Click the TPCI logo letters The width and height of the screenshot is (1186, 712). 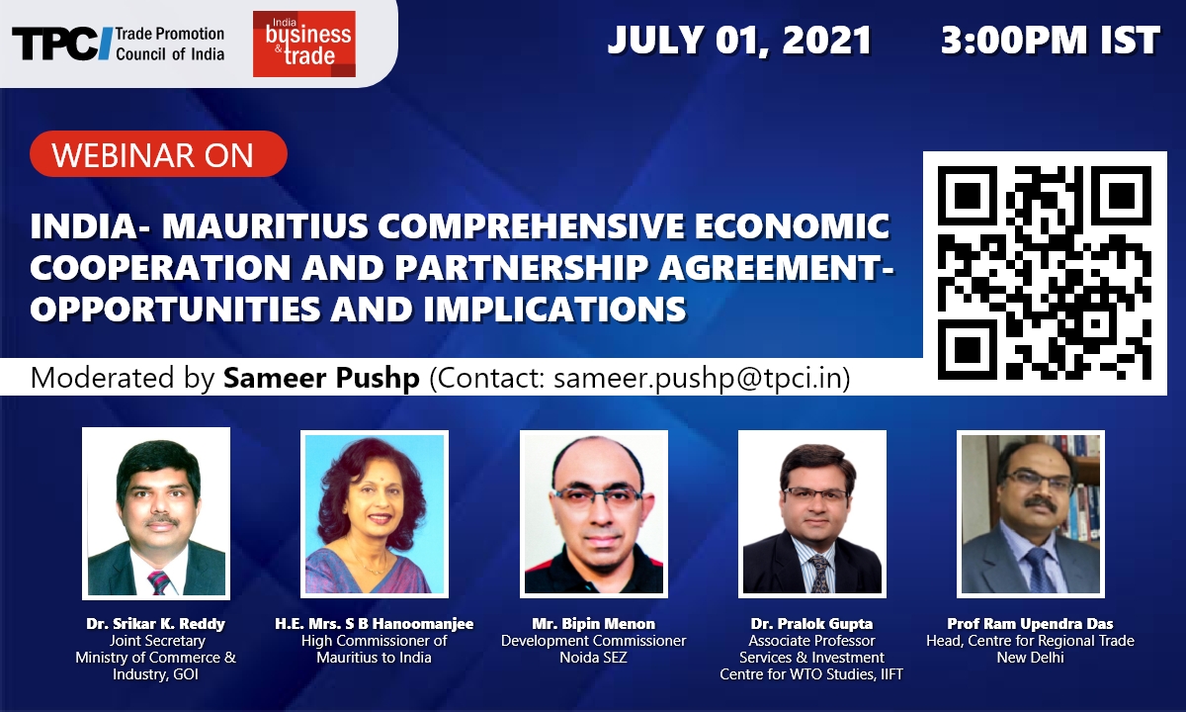pos(62,44)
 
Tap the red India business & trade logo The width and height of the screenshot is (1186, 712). pos(304,44)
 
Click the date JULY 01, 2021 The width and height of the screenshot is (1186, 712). pos(739,41)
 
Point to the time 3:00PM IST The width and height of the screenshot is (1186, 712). pos(1050,41)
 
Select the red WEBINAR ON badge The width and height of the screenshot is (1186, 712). pos(158,153)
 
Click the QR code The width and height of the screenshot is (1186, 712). pos(1045,273)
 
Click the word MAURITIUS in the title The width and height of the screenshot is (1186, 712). pos(265,225)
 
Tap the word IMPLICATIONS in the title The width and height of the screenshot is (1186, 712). pos(554,309)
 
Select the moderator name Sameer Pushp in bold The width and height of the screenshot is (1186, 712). pos(321,378)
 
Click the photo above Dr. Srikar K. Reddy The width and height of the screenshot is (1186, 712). pos(156,513)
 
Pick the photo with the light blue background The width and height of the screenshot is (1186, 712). pos(375,514)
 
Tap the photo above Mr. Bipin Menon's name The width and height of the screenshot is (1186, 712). pos(594,514)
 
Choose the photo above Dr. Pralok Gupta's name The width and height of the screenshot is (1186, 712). pos(812,514)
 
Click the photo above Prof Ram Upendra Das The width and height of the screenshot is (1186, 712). pos(1030,514)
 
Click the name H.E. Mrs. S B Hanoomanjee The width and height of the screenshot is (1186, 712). pos(375,624)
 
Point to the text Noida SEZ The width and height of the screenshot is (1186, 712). pos(594,658)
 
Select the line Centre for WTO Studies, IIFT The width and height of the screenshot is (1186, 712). pos(811,674)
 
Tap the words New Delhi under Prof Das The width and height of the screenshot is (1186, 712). pos(1030,658)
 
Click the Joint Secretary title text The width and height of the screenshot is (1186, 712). pos(157,641)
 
